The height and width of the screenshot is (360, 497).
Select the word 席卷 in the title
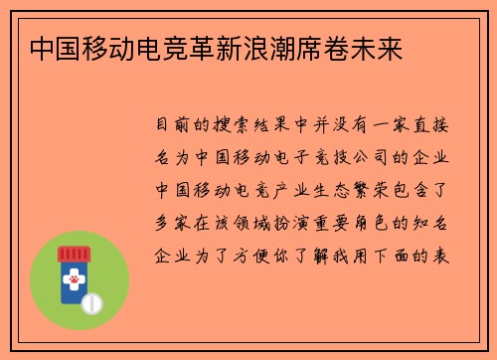click(326, 47)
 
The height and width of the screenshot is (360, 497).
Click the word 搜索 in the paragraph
click(243, 127)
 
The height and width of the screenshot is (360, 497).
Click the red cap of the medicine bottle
click(75, 255)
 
